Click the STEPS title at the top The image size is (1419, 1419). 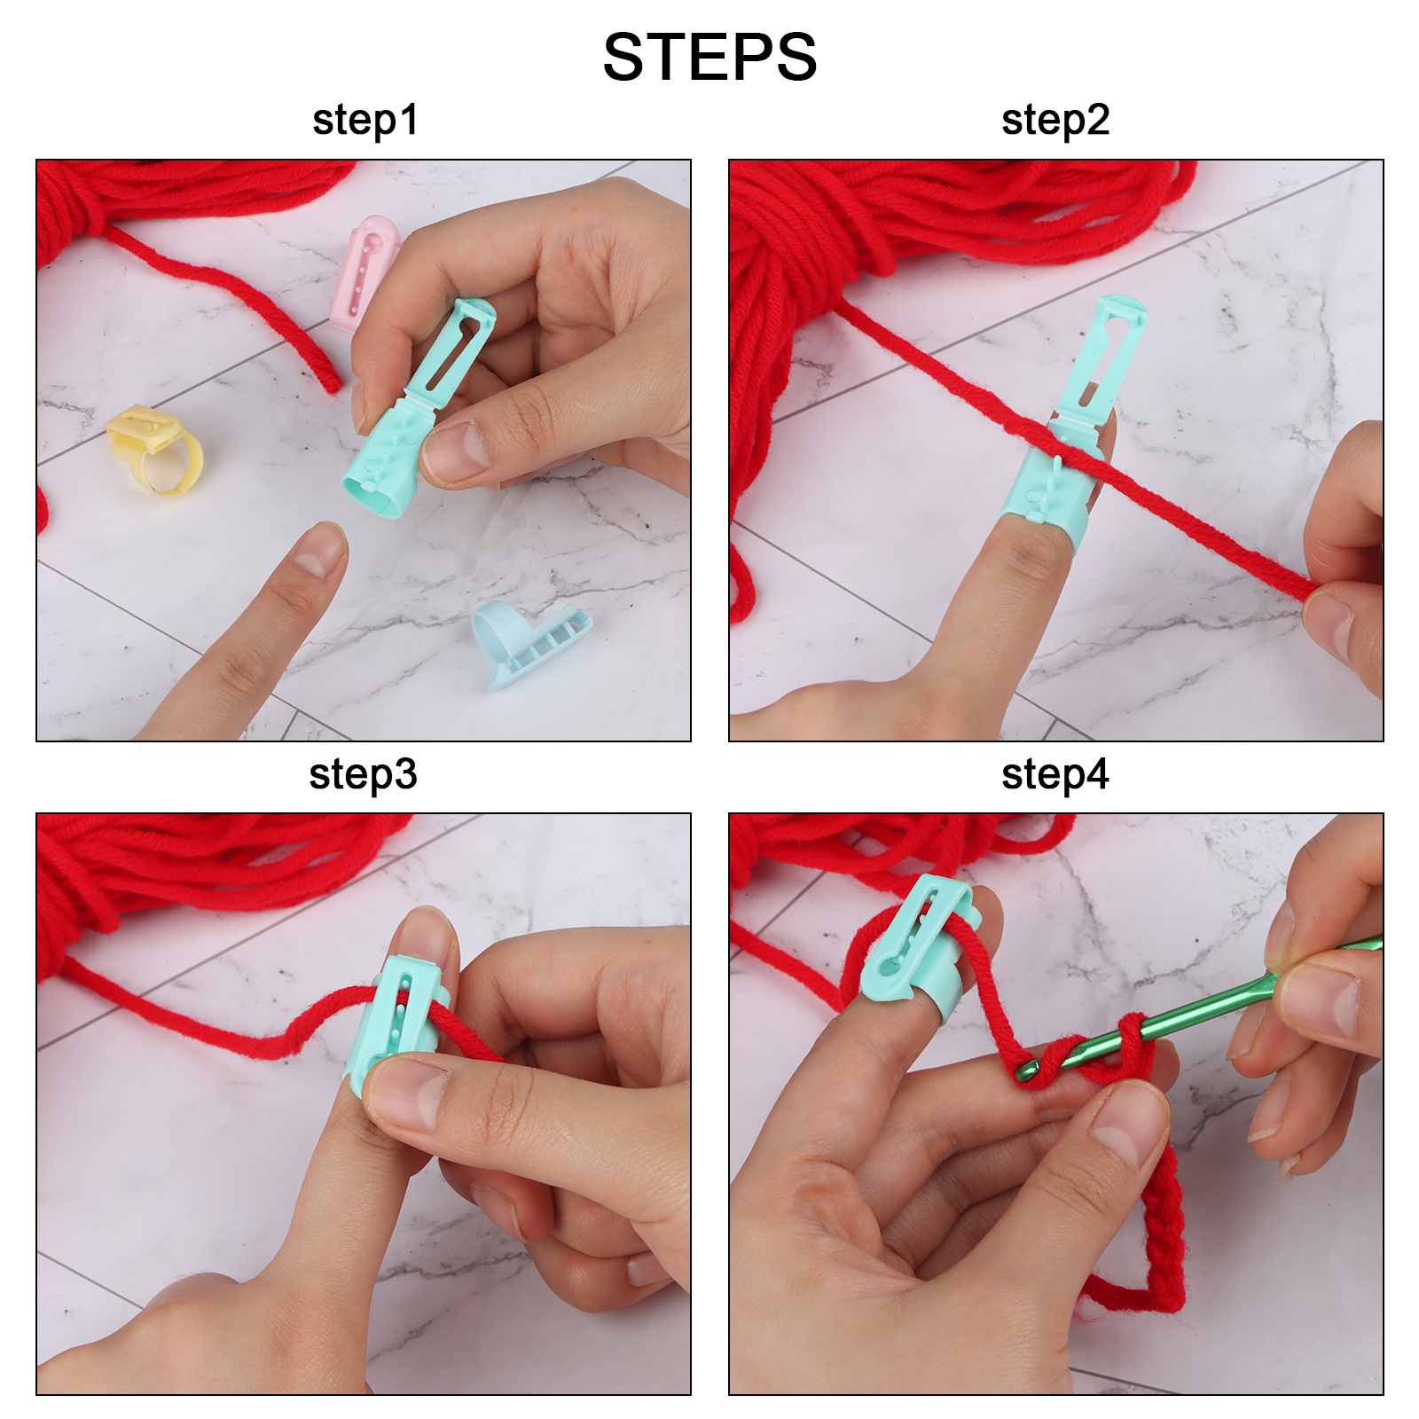709,58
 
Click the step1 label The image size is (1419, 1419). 365,121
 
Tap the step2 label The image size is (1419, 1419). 1055,121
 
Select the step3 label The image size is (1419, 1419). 363,775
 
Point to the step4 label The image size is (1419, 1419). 1055,775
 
